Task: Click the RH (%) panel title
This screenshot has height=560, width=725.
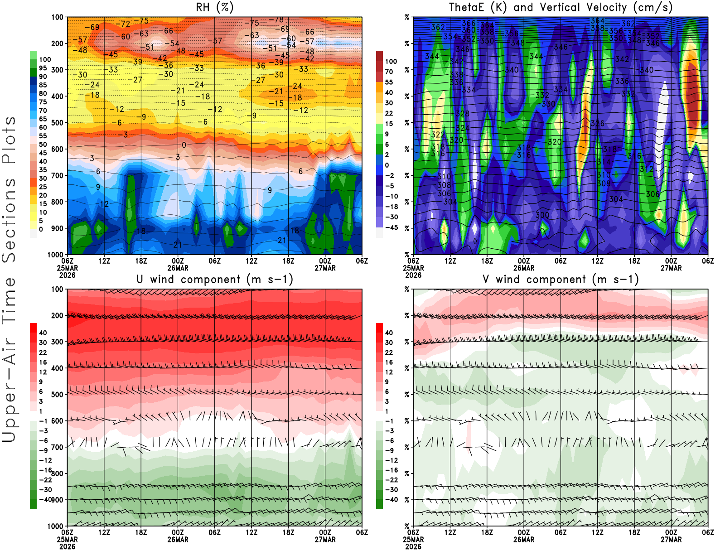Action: coord(214,7)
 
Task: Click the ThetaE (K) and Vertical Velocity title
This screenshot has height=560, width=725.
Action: coord(561,7)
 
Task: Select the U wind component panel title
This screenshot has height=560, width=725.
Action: coord(214,279)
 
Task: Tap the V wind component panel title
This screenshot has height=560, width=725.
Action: coord(561,279)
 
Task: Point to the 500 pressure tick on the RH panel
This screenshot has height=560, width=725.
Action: coord(57,123)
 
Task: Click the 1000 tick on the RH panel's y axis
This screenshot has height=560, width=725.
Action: coord(55,255)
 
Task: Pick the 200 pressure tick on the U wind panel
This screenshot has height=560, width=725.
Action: coord(57,315)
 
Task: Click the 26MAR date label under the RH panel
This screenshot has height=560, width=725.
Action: coord(178,268)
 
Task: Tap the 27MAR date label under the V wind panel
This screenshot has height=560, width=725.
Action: coord(671,540)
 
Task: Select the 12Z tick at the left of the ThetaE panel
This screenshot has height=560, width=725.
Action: coord(450,261)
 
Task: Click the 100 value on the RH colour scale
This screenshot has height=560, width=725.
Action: coord(45,59)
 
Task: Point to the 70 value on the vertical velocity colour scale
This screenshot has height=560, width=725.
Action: coord(389,72)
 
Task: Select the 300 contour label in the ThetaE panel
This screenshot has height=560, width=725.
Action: coord(542,215)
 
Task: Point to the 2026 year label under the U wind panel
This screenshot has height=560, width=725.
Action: coord(67,546)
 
